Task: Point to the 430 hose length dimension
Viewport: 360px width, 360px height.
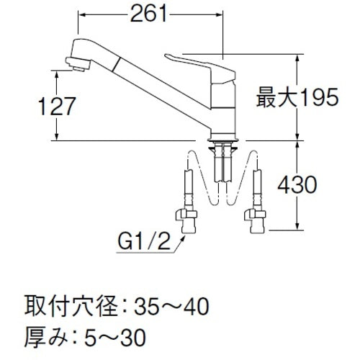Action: click(316, 185)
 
